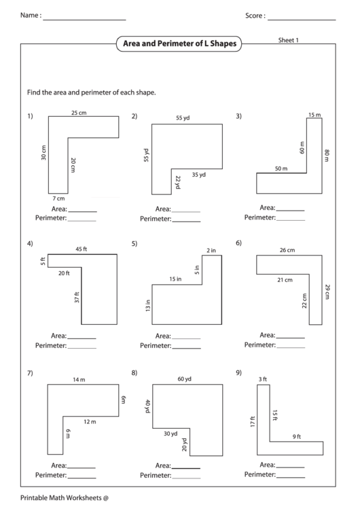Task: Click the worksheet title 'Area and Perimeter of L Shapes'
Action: (179, 43)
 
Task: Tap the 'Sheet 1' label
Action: (289, 40)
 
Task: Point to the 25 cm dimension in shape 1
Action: (79, 112)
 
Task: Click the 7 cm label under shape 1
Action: (58, 198)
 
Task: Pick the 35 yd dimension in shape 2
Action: (199, 175)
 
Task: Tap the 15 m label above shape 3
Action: (314, 115)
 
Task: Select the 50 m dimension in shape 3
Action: (281, 169)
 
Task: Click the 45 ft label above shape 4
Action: (81, 249)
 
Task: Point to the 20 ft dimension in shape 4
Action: (63, 273)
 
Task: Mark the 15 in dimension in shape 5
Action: (175, 279)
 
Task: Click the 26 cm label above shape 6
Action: (287, 249)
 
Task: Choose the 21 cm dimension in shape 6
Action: (285, 279)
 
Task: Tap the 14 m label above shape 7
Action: (79, 379)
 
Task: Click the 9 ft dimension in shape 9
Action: (297, 436)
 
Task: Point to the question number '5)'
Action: (134, 243)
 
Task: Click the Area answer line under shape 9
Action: (290, 468)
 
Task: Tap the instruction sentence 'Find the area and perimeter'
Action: (96, 92)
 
